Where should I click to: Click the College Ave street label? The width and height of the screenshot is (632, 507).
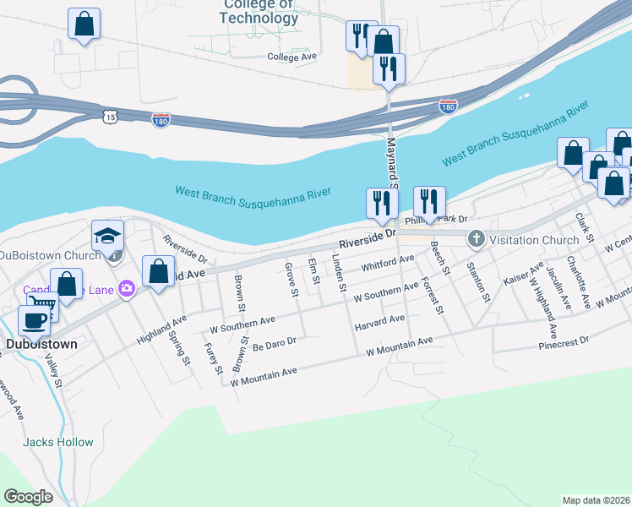click(x=291, y=57)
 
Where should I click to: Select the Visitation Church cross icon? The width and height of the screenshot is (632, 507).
click(x=475, y=240)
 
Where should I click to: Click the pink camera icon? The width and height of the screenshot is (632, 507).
click(x=127, y=289)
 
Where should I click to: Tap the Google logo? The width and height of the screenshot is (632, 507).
click(x=28, y=497)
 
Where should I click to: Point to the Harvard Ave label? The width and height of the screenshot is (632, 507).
click(x=379, y=322)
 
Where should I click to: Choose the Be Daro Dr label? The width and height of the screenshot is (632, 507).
click(x=274, y=344)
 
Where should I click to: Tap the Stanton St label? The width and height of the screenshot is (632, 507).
click(x=479, y=281)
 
